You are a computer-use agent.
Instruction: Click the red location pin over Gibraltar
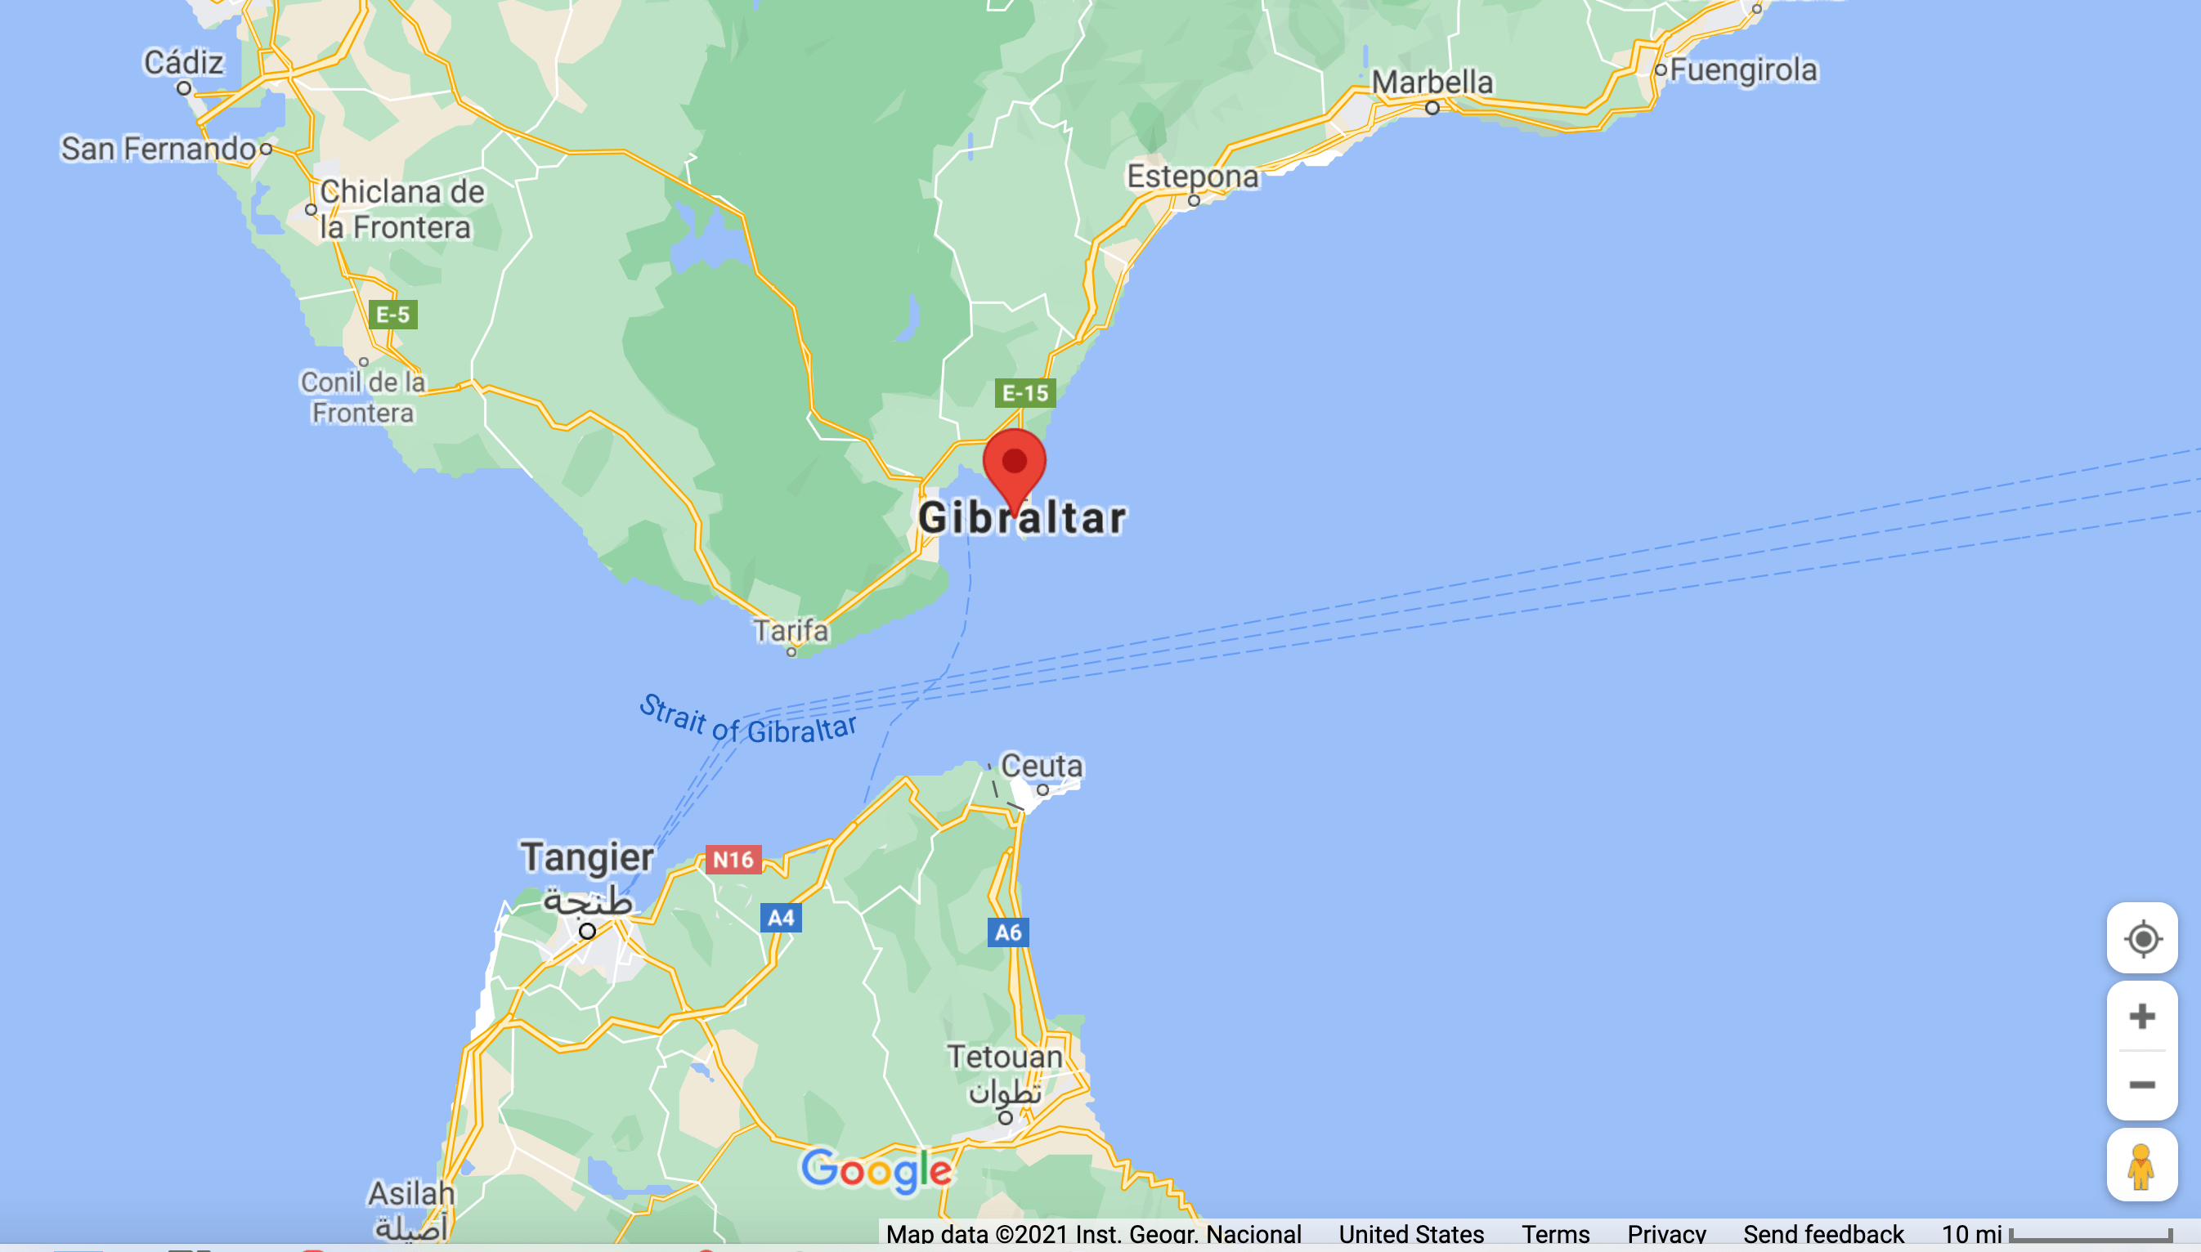click(x=1014, y=464)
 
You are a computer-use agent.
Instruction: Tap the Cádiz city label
click(x=183, y=63)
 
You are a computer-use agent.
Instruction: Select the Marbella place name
click(x=1432, y=83)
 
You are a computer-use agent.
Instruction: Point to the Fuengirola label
click(x=1743, y=69)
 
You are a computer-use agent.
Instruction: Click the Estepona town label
click(x=1192, y=177)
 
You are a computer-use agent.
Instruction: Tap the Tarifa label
click(x=791, y=631)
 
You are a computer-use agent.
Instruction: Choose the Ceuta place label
click(x=1042, y=765)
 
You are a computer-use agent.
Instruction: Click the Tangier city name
click(x=587, y=857)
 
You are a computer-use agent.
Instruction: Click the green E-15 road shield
click(x=1025, y=394)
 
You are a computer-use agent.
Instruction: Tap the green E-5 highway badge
click(x=393, y=315)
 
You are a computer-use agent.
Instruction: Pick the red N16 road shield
click(x=733, y=859)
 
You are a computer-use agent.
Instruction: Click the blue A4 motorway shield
click(x=781, y=918)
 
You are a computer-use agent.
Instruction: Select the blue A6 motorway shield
click(x=1008, y=932)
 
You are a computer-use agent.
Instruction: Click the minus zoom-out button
click(x=2140, y=1085)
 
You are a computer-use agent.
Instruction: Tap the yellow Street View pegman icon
click(x=2140, y=1166)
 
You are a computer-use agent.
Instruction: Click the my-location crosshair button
click(x=2140, y=938)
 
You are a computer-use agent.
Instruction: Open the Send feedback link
click(x=1822, y=1235)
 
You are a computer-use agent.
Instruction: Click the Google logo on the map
click(x=876, y=1170)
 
